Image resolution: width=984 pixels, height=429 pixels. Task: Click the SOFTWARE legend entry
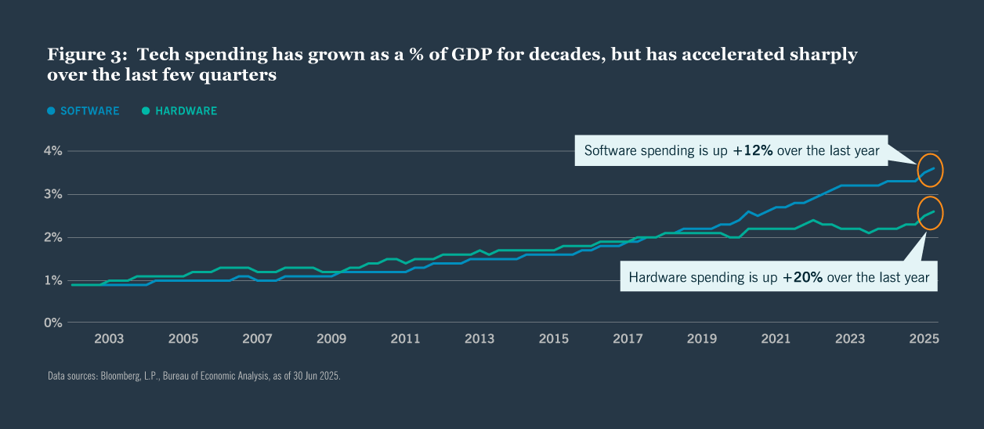[89, 111]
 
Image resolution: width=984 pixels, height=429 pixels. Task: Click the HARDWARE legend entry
[186, 111]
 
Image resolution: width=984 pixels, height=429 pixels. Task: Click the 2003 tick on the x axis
[109, 339]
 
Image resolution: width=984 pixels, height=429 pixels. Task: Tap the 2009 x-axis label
[331, 339]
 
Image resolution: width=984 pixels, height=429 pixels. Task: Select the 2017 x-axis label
[628, 339]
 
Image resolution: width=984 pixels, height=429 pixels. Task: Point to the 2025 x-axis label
[924, 339]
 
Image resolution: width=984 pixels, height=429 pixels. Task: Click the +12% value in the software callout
[753, 150]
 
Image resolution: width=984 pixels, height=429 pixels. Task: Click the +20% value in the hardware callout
[802, 277]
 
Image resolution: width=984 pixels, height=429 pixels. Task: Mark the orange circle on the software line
[930, 170]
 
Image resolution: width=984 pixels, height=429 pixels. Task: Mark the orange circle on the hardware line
[930, 213]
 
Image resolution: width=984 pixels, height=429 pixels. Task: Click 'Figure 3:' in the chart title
[85, 55]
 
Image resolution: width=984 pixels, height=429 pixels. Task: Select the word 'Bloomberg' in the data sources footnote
[111, 376]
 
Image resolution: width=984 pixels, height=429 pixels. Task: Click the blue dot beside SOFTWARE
[52, 111]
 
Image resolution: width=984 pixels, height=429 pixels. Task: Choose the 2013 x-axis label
[479, 339]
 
